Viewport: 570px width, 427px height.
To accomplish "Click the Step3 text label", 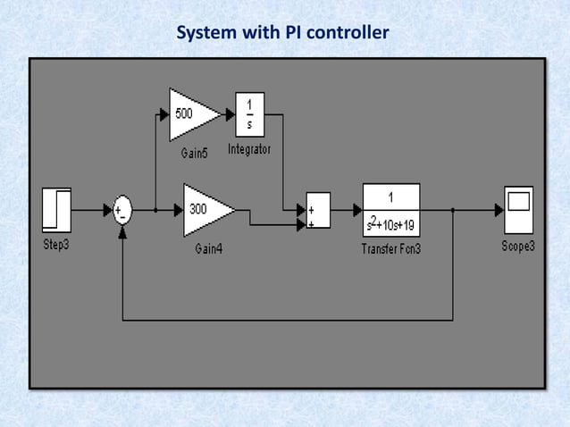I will [56, 245].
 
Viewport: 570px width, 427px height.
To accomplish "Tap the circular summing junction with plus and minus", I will [122, 211].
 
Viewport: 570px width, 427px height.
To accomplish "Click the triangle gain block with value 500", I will [192, 113].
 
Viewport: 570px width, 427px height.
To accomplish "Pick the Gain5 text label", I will [194, 153].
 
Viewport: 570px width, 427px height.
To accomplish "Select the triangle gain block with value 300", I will [207, 210].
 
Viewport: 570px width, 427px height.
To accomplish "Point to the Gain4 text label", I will [208, 249].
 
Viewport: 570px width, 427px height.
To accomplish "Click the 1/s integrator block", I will [249, 113].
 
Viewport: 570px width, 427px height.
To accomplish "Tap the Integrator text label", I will [249, 148].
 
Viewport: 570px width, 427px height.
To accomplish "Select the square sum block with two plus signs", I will [317, 211].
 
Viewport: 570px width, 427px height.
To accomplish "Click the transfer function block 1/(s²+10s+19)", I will [391, 210].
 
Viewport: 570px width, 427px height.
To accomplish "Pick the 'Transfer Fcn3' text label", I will [391, 249].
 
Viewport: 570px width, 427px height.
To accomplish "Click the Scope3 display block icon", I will [518, 210].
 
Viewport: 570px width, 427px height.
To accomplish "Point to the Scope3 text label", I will [518, 245].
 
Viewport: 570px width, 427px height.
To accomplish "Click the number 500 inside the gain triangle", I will [183, 113].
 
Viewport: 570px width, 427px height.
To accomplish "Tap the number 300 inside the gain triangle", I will [197, 210].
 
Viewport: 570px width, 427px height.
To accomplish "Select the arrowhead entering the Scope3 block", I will [498, 211].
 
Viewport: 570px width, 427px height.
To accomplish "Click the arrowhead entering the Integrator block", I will [230, 113].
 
